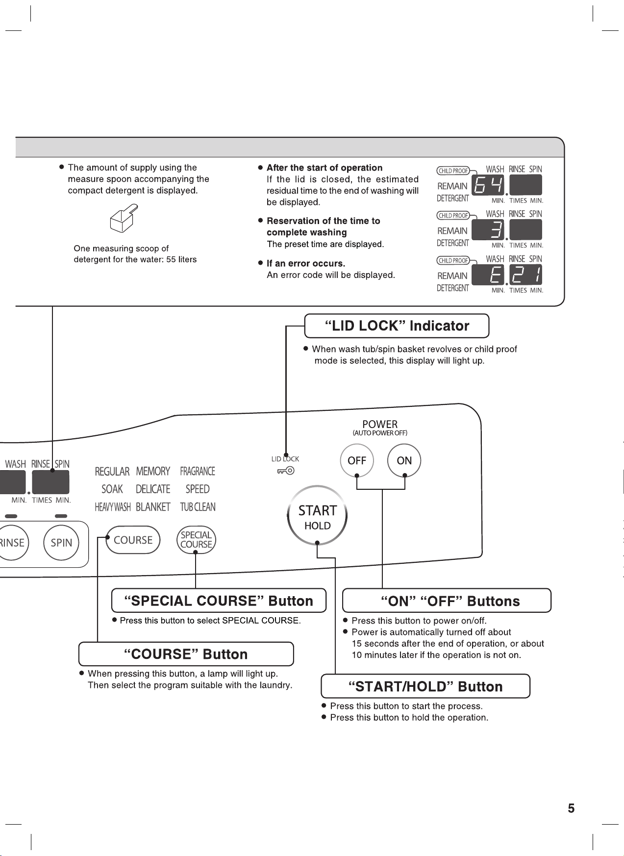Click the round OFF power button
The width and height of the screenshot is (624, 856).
(x=357, y=460)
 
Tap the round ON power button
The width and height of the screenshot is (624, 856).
(x=404, y=460)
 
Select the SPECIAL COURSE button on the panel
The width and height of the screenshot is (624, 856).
(x=196, y=540)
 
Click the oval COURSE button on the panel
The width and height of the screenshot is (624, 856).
(x=133, y=540)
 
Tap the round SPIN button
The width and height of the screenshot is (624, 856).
(x=61, y=542)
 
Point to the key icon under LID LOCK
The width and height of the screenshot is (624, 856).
(x=285, y=471)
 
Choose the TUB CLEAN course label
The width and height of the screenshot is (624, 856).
(x=198, y=507)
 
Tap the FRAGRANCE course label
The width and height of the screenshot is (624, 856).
(x=198, y=471)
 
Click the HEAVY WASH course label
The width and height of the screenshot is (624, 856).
(x=113, y=507)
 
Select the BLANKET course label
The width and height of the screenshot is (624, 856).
(x=153, y=507)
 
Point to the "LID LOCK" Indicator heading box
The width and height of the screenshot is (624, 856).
(x=397, y=326)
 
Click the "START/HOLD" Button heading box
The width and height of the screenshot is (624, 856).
(x=425, y=686)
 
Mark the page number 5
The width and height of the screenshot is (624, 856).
(x=571, y=808)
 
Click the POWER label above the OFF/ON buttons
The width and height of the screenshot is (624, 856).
(x=380, y=424)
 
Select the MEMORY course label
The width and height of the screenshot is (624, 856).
(x=153, y=471)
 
